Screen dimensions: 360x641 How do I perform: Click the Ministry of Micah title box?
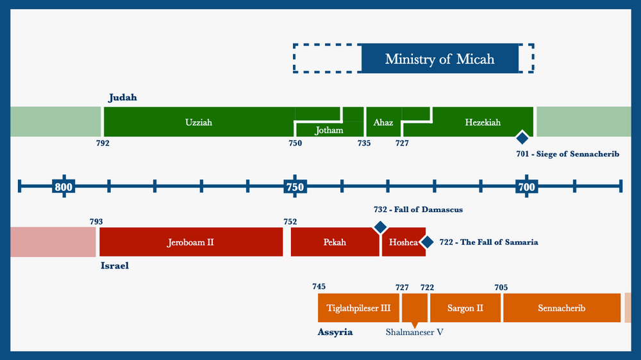click(x=440, y=59)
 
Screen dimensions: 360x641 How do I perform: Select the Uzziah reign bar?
click(x=199, y=122)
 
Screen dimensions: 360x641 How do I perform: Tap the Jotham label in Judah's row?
click(x=329, y=130)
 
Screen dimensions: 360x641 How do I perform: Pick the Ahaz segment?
click(x=383, y=122)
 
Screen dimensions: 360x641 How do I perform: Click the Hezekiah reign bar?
click(x=483, y=122)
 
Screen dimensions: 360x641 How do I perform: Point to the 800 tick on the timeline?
click(x=63, y=186)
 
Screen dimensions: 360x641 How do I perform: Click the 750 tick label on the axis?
click(x=294, y=186)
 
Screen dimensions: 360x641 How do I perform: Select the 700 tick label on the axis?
click(x=526, y=186)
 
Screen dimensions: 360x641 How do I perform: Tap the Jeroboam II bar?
click(x=190, y=242)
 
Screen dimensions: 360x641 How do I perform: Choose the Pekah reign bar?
click(x=335, y=242)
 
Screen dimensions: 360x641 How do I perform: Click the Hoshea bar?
click(x=403, y=242)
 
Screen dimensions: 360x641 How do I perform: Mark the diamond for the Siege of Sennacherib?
click(x=522, y=137)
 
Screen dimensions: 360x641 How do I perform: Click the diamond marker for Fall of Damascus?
click(x=380, y=227)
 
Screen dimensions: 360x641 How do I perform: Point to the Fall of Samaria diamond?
click(x=428, y=242)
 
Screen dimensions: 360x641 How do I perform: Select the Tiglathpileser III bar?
click(x=358, y=308)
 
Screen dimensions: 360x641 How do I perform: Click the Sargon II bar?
click(x=465, y=308)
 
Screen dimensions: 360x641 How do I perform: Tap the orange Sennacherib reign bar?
click(x=562, y=308)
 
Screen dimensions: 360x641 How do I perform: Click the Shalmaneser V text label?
click(x=415, y=332)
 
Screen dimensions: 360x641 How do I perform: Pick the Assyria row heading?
click(x=335, y=332)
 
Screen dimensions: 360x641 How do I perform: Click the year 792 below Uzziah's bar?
click(x=103, y=143)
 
